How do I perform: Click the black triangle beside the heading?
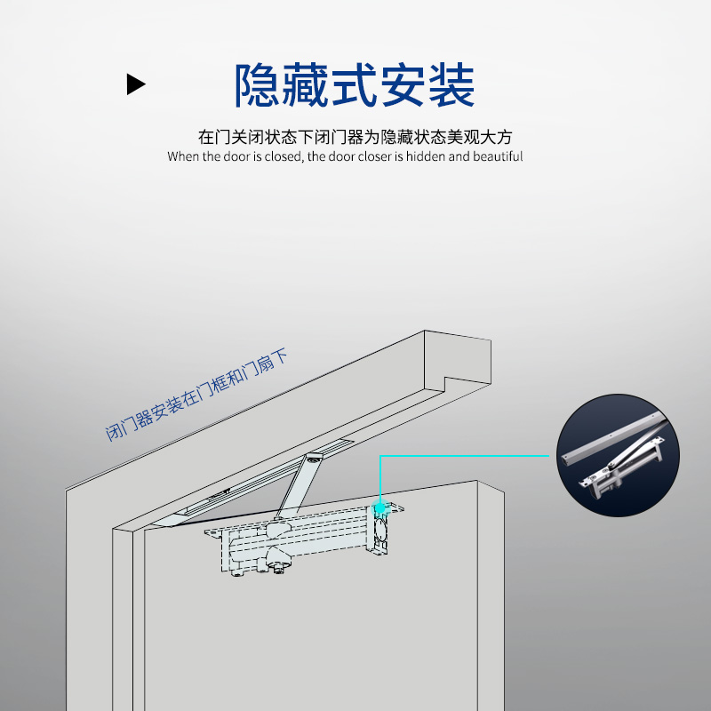click(x=135, y=84)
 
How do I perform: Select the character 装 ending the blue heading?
click(x=451, y=85)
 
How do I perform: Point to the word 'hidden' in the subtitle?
click(x=423, y=156)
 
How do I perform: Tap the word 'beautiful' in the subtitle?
click(x=498, y=156)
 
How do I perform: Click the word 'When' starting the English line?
click(x=184, y=156)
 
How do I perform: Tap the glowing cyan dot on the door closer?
click(x=381, y=506)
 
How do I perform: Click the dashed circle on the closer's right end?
click(x=380, y=535)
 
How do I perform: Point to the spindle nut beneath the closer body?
click(x=279, y=567)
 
